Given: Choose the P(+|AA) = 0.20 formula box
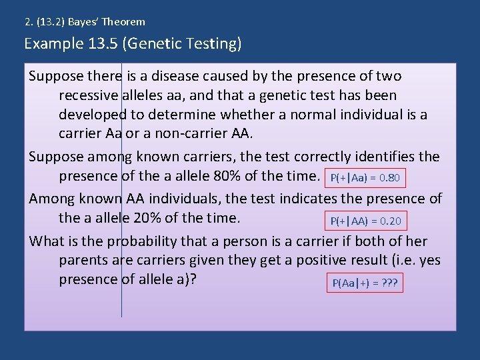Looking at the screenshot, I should [x=366, y=221].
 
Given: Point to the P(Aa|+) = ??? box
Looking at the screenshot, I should [x=365, y=283].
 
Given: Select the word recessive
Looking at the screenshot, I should [x=89, y=95].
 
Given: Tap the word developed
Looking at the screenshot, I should [x=89, y=114].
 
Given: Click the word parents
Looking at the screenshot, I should [x=83, y=259].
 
